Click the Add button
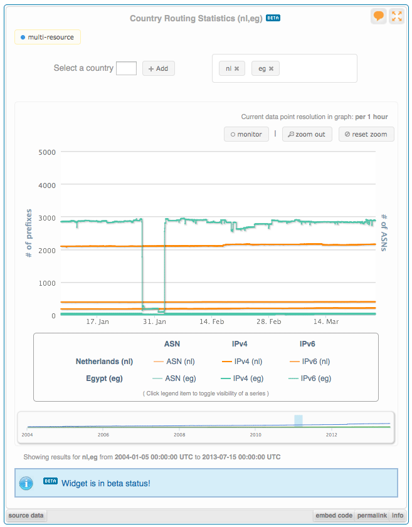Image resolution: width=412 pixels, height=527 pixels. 158,68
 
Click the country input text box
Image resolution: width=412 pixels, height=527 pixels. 126,68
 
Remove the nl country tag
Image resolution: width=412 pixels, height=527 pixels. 236,69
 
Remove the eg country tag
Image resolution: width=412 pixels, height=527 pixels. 271,69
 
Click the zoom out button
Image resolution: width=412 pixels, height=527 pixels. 307,134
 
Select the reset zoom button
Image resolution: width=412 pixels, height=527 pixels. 366,134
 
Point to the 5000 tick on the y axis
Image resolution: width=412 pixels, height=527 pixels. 47,152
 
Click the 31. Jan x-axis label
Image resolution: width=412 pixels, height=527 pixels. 155,321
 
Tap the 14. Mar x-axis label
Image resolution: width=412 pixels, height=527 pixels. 326,321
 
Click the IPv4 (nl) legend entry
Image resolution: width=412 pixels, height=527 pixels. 241,362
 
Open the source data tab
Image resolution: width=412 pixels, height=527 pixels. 26,516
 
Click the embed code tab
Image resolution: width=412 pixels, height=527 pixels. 334,516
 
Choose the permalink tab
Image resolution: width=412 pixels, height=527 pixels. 371,516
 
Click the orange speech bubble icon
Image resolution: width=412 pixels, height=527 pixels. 378,16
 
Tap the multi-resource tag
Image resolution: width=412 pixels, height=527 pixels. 48,38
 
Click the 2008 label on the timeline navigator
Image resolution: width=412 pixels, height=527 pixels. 180,434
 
